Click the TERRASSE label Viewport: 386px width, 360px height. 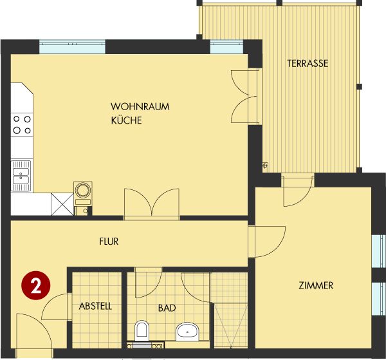click(308, 64)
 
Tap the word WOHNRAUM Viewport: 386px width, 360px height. click(140, 107)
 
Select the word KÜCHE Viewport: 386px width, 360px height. click(126, 120)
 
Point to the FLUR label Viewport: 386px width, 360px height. click(109, 242)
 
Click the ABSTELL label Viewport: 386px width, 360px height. click(95, 307)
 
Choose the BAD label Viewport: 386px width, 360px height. click(167, 308)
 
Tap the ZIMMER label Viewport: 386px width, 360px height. click(316, 285)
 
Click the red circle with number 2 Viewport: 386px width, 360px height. click(35, 285)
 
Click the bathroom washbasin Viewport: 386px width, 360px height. click(187, 332)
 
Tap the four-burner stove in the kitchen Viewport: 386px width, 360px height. click(22, 125)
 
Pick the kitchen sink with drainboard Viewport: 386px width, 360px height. click(21, 176)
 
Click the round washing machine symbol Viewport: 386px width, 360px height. click(83, 190)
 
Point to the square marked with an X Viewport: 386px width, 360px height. click(62, 204)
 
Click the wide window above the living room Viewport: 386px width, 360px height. click(72, 46)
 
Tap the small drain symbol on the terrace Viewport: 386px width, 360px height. click(265, 166)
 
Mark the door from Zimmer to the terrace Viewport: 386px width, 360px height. click(298, 190)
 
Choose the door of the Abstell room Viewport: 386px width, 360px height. click(57, 307)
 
